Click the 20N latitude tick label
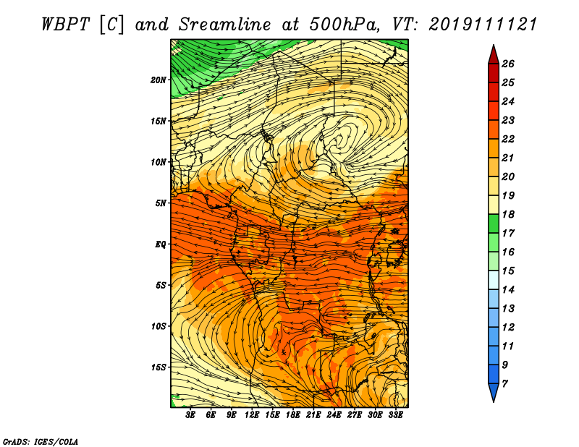click(x=159, y=80)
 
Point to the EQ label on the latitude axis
click(x=161, y=244)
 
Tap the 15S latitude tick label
click(x=159, y=367)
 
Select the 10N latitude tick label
click(x=159, y=162)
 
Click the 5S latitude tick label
click(x=161, y=285)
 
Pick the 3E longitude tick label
click(x=190, y=415)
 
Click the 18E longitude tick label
click(x=293, y=415)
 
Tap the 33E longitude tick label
click(x=395, y=415)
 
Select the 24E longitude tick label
click(x=334, y=415)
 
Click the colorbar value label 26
click(x=508, y=64)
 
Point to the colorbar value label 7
click(x=504, y=384)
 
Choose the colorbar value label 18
click(x=508, y=214)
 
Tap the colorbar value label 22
click(x=508, y=139)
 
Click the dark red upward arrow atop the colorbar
click(x=494, y=56)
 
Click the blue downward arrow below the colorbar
click(x=494, y=391)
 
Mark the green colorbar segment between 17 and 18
click(x=494, y=223)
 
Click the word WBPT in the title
click(x=65, y=25)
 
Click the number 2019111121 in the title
click(x=483, y=25)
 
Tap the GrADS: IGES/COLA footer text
click(x=41, y=442)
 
